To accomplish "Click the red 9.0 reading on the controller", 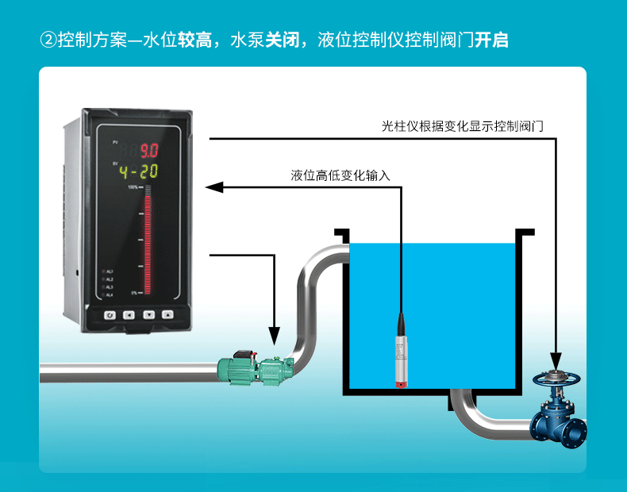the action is [149, 150].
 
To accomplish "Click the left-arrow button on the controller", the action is [128, 314].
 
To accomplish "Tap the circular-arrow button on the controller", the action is [109, 314].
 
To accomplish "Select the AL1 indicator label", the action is [109, 272].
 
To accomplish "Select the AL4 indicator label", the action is [109, 295].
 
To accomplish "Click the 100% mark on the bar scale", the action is [133, 187].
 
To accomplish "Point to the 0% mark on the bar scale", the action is [134, 293].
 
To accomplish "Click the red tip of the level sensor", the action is [402, 384].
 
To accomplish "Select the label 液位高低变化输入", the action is [340, 175].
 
